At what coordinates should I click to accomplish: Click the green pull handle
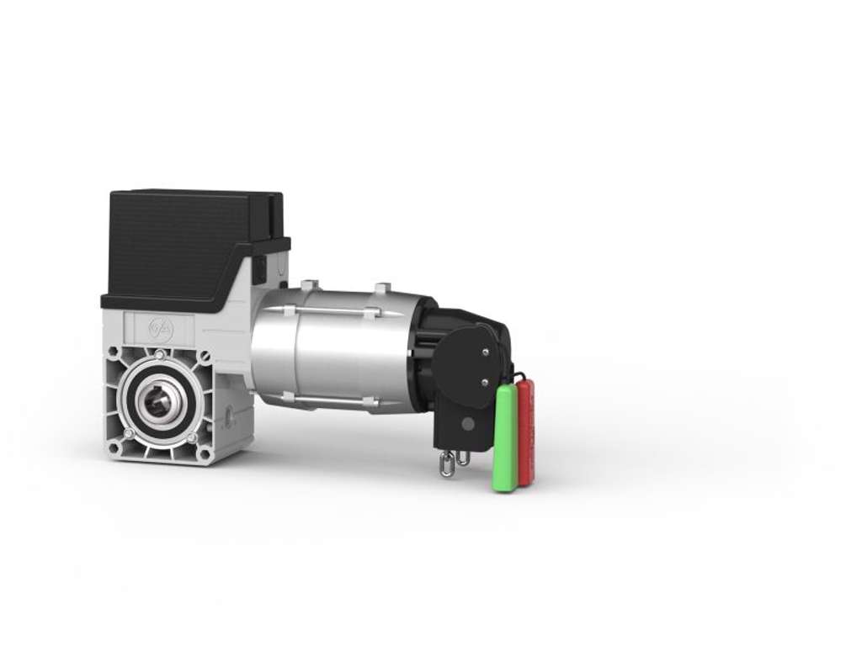504,438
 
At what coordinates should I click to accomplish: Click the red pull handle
526,431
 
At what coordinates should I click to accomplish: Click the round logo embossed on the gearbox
159,328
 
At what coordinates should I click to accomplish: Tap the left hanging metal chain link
447,464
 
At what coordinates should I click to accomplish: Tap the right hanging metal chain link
463,458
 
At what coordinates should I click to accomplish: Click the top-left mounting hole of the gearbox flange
114,351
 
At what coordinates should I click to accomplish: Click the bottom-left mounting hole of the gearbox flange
114,447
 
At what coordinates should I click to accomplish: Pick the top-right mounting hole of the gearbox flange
204,356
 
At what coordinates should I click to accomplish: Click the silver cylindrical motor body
337,353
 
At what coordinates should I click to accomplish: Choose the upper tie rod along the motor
337,311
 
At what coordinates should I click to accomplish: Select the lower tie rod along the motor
337,400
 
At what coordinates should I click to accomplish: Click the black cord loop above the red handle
519,375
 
